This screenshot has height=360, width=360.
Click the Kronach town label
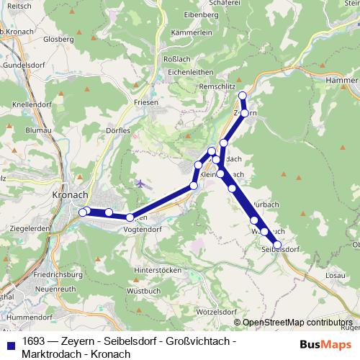pos(70,195)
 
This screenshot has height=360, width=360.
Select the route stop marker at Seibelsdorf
pos(276,245)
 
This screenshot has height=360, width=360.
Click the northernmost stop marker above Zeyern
pos(243,96)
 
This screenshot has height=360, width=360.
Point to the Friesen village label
pos(145,103)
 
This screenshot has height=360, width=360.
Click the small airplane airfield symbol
pos(139,184)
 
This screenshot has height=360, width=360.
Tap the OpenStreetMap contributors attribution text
pos(297,323)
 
